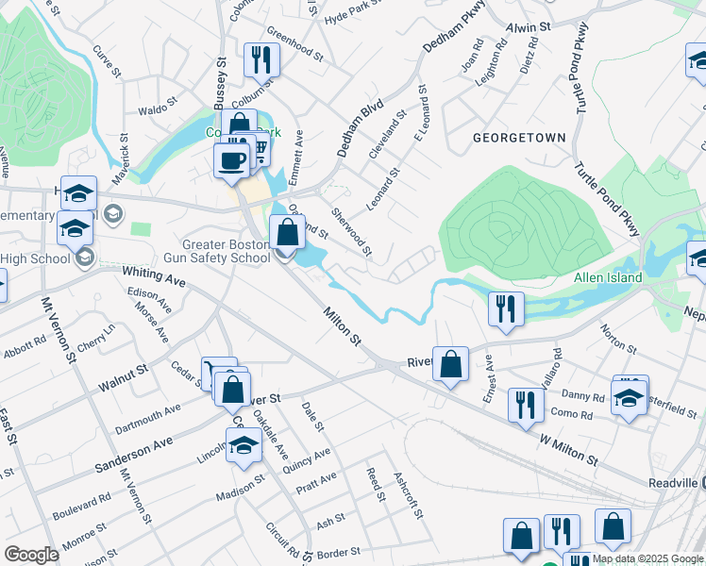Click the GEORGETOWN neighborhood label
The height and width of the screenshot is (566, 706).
pyautogui.click(x=520, y=138)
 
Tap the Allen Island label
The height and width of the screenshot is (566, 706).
pyautogui.click(x=608, y=277)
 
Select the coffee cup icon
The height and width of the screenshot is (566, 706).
pyautogui.click(x=231, y=160)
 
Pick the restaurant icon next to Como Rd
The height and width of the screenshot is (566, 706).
pyautogui.click(x=525, y=405)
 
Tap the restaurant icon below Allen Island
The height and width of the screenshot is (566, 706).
pyautogui.click(x=506, y=308)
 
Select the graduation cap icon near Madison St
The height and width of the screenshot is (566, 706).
pyautogui.click(x=244, y=444)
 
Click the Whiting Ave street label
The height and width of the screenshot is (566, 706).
pyautogui.click(x=154, y=275)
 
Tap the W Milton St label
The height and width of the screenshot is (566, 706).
pyautogui.click(x=569, y=450)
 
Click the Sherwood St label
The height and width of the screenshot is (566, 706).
pyautogui.click(x=352, y=232)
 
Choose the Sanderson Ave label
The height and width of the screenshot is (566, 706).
pyautogui.click(x=133, y=455)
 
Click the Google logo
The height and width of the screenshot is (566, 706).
pyautogui.click(x=31, y=554)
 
